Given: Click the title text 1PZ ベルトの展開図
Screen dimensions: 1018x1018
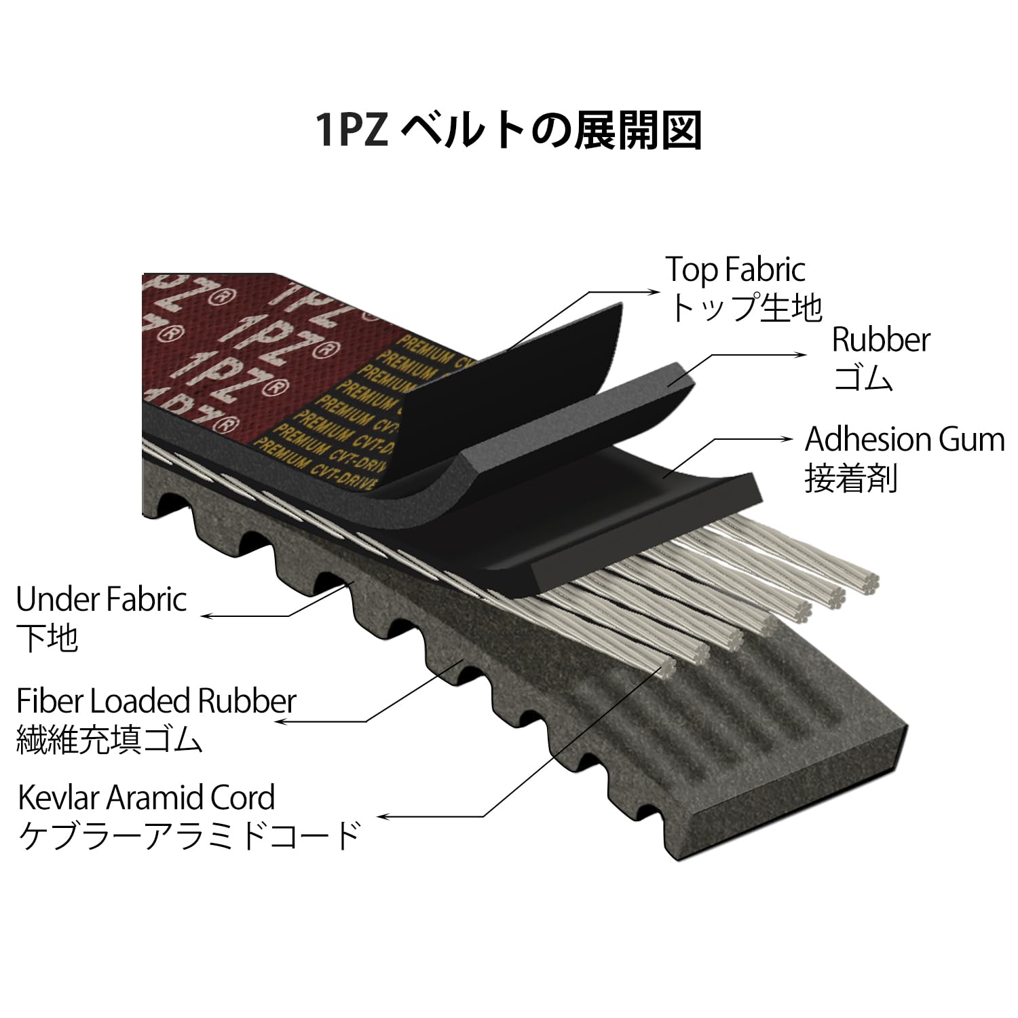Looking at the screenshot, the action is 508,130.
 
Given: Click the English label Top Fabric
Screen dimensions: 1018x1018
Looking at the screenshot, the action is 735,269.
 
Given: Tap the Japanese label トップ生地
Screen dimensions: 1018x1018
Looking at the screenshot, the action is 744,307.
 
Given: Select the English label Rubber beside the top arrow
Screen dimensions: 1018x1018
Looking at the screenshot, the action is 880,339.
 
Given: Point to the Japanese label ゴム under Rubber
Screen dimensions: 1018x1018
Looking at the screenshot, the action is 862,377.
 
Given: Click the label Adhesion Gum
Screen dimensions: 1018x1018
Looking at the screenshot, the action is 904,440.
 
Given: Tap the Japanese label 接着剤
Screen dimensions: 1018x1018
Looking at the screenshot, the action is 851,478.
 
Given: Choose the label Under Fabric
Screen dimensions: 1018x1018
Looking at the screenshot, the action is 101,599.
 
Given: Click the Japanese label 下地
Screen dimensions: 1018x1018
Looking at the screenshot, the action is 47,638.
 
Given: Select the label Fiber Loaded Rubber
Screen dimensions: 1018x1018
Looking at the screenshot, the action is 156,701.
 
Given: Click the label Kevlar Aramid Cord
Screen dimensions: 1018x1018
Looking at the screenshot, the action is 146,797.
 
